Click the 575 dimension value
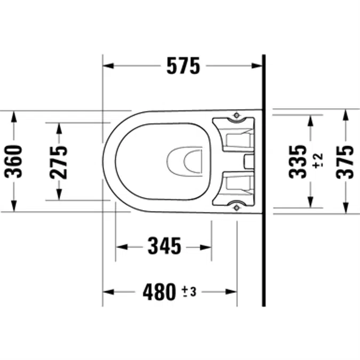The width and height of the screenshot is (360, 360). coord(183,66)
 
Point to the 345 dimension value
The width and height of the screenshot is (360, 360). coord(164,246)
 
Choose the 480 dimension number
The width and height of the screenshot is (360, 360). coord(159,292)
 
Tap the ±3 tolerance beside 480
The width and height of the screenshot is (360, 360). coord(189,291)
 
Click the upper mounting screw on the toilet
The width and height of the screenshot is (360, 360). coord(236,115)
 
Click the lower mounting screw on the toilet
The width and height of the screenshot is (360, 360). coord(236,206)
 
